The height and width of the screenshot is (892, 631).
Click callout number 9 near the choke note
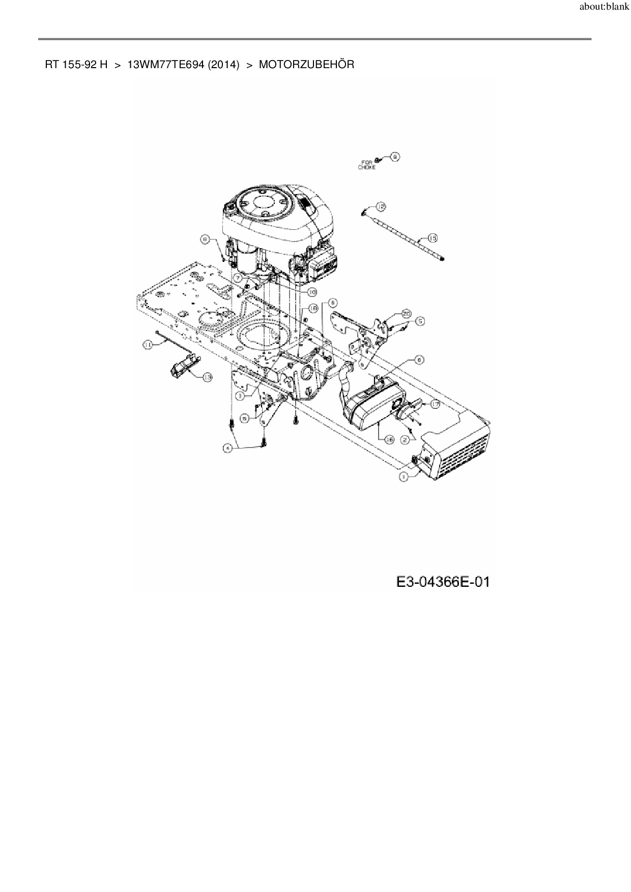coord(394,157)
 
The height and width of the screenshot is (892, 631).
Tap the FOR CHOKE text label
coord(366,165)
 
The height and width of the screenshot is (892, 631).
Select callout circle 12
coord(381,206)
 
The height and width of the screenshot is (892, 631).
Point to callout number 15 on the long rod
coord(433,238)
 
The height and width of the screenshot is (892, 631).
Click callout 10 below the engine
coord(311,292)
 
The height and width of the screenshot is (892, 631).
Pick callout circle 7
coord(238,279)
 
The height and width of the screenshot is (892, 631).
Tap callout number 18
coord(313,308)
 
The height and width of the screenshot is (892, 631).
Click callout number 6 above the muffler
coord(419,360)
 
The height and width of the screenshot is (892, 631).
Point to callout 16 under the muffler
coord(390,440)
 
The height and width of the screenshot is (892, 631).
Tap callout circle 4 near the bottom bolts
coord(228,448)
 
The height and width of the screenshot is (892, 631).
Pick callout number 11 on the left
coord(148,345)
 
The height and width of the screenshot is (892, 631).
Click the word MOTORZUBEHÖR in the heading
coord(306,65)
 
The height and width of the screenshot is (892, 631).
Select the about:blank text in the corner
coord(604,8)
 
